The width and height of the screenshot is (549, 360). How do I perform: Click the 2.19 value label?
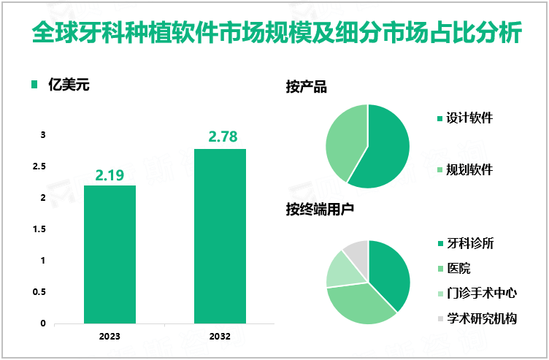point(110,175)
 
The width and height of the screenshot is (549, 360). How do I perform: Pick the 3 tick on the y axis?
point(42,135)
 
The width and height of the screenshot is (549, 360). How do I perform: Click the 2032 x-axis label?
point(220,337)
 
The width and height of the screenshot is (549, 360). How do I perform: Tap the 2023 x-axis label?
point(110,337)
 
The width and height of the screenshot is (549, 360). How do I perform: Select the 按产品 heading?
point(306,88)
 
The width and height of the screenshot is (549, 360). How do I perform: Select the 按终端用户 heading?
point(320,210)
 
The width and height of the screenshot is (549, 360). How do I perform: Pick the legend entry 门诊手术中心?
point(481,293)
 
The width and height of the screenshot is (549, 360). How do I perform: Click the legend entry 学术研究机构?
point(481,318)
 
